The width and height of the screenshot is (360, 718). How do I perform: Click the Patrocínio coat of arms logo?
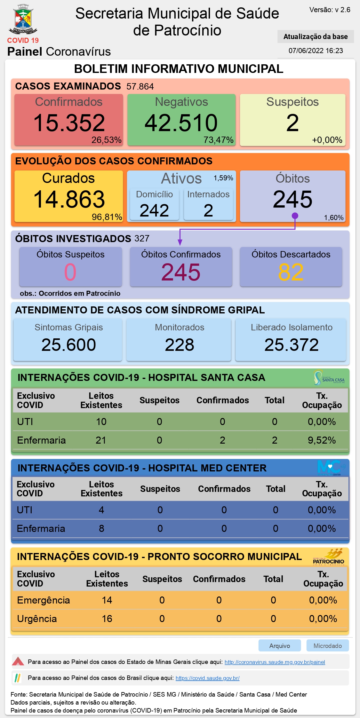tap(23, 19)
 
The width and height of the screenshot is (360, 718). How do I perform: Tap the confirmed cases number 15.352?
tap(69, 123)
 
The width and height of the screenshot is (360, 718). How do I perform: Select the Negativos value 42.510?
tap(181, 123)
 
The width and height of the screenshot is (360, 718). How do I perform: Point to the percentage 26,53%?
tap(107, 140)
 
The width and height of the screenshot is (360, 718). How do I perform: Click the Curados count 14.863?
tap(69, 199)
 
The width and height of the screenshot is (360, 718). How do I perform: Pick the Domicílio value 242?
tap(154, 210)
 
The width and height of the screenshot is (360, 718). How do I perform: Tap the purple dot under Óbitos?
tap(295, 216)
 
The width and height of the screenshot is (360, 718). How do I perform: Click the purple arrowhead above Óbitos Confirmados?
tap(180, 243)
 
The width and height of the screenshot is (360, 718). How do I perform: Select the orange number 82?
tap(291, 272)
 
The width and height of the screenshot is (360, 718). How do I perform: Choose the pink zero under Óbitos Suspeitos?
tap(70, 272)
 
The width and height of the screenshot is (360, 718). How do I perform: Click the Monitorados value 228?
tap(180, 345)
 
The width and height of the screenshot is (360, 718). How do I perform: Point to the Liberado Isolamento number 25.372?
tap(292, 345)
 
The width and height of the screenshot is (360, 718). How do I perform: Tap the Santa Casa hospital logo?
tap(329, 378)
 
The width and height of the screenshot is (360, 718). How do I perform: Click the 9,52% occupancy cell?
tap(322, 440)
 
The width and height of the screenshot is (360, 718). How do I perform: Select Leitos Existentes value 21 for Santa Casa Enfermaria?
tap(101, 440)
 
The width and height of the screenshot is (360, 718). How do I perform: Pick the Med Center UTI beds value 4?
tap(101, 510)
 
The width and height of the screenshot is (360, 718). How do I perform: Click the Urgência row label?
tap(37, 619)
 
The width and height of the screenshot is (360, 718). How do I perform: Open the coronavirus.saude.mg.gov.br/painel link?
tap(275, 662)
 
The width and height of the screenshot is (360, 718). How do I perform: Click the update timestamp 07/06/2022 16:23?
tap(316, 51)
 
